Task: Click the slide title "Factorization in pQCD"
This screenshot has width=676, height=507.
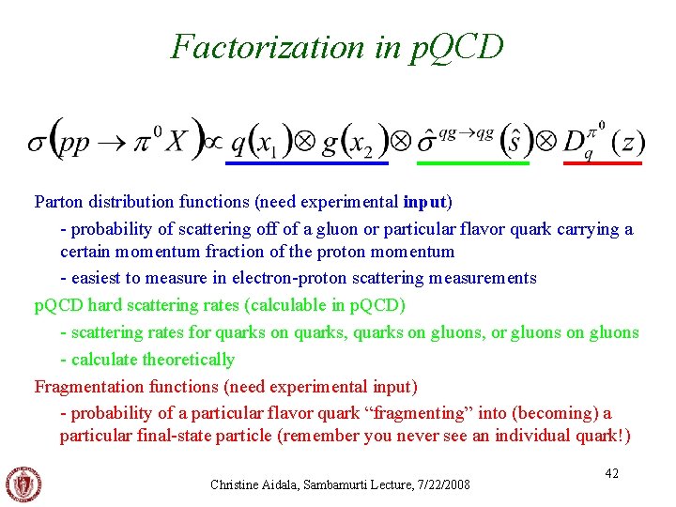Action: tap(337, 46)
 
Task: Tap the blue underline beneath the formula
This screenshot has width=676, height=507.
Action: tap(307, 163)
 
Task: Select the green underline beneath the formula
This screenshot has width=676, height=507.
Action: tap(472, 163)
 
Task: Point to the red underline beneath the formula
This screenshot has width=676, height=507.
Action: tap(602, 163)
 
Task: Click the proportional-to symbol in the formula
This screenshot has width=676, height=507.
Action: tap(213, 143)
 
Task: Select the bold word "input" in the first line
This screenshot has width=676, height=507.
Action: tap(426, 202)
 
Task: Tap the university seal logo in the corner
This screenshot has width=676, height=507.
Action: tap(23, 484)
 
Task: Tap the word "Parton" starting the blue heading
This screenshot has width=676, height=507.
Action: tap(56, 202)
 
